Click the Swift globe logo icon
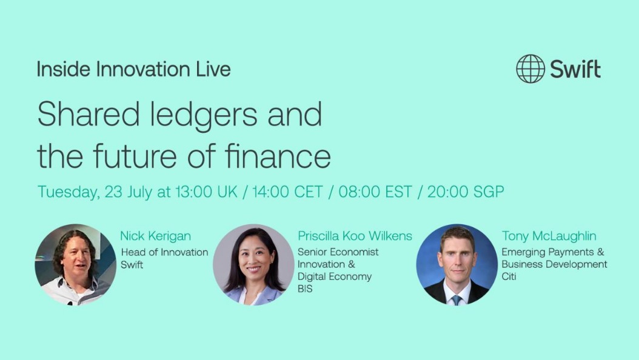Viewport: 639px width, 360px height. tap(530, 69)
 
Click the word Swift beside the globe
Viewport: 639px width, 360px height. tap(575, 69)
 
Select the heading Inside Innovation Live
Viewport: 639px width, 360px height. tap(133, 69)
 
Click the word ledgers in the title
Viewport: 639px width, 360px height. tap(203, 115)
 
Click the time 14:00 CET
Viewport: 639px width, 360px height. tap(287, 192)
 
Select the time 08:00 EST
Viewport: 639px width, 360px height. tap(375, 192)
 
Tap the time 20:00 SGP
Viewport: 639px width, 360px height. tap(466, 192)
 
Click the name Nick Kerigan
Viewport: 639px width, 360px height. tap(156, 236)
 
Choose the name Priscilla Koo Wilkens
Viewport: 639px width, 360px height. tap(355, 236)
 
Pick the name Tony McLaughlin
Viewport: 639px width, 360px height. tap(549, 236)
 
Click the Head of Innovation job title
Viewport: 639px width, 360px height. tap(165, 253)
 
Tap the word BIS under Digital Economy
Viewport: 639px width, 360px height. tap(305, 288)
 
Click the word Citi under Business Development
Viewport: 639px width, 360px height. tap(509, 276)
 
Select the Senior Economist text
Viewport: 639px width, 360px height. tap(338, 252)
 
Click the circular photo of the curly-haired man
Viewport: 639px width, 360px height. tap(75, 265)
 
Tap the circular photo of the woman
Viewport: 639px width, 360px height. tap(253, 265)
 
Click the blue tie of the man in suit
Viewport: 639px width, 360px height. tap(457, 300)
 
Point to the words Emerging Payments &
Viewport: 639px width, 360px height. tap(553, 252)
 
